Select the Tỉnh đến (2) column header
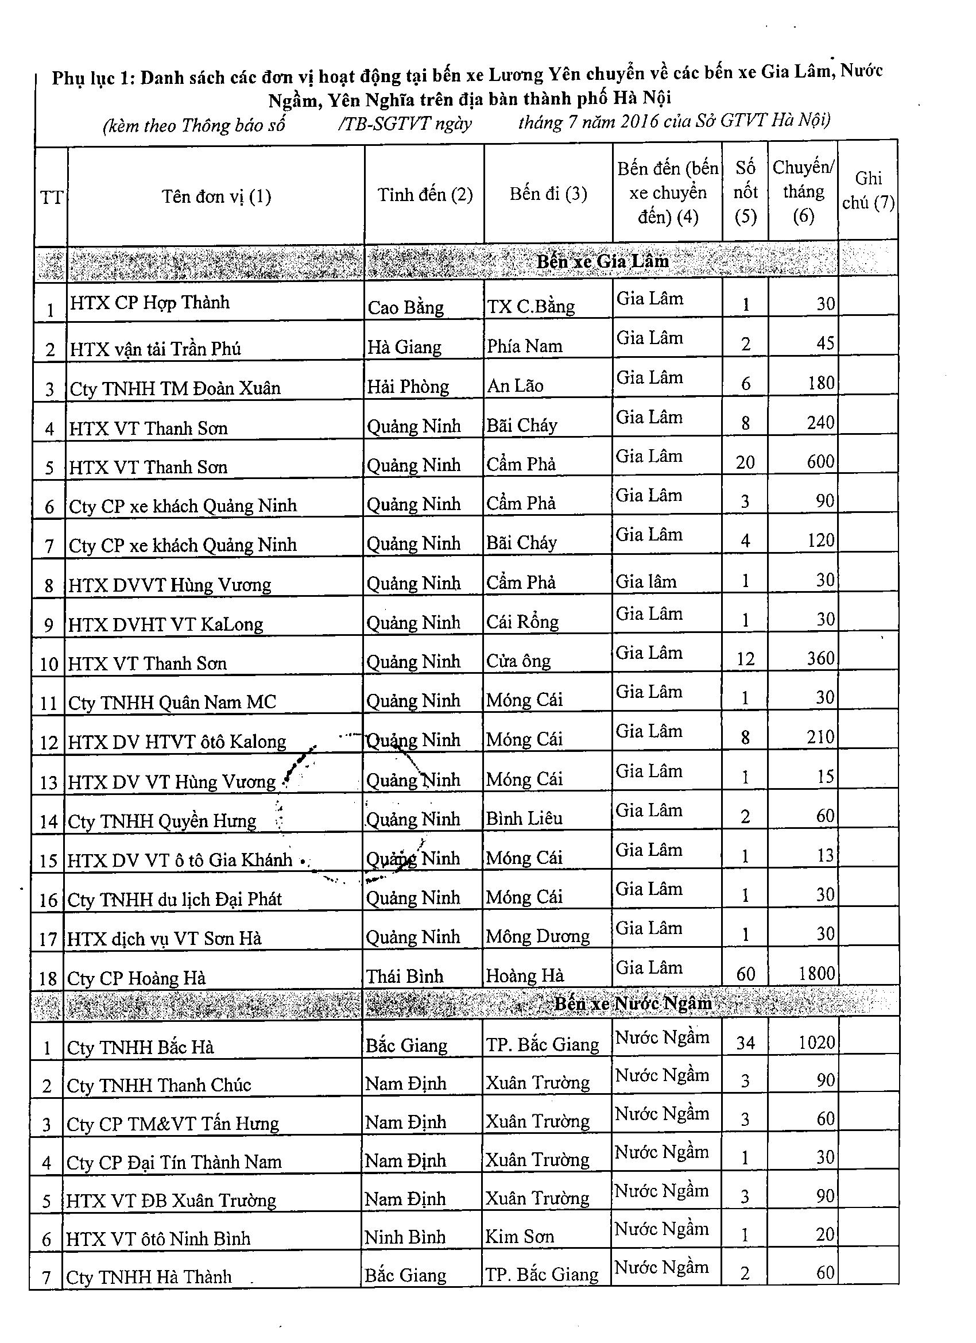(x=425, y=194)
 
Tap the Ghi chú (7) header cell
(x=867, y=191)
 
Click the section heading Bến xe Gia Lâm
(x=602, y=261)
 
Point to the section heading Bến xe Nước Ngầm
(x=633, y=1003)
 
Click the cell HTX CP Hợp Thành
(x=149, y=303)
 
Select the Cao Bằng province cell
(x=405, y=307)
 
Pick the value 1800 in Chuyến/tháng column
(x=816, y=974)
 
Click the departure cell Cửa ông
(x=518, y=661)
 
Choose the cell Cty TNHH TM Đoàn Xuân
(x=175, y=388)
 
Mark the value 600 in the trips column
(x=820, y=461)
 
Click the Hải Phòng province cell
(x=408, y=387)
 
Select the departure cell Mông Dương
(x=537, y=936)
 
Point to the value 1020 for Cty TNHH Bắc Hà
(x=816, y=1042)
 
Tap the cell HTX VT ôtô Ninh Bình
(x=158, y=1238)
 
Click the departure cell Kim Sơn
(x=520, y=1236)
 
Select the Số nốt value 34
(x=745, y=1042)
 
